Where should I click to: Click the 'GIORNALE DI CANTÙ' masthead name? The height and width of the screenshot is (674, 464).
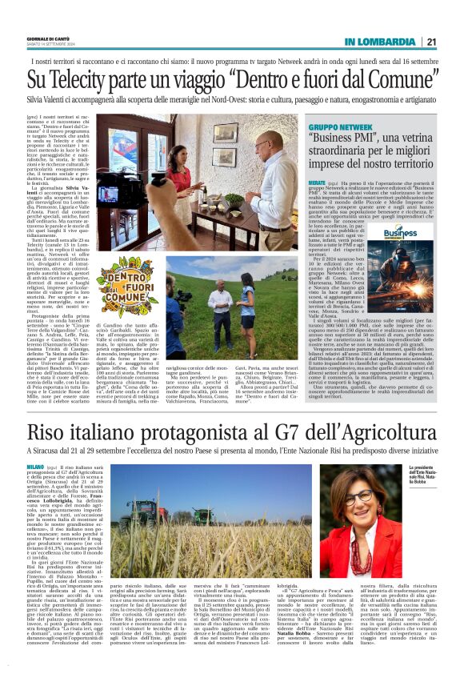(50, 39)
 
